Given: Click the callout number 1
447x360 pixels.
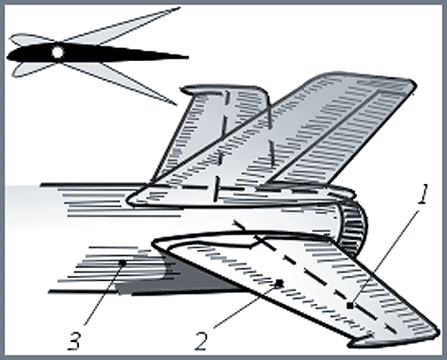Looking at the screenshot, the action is click(423, 194).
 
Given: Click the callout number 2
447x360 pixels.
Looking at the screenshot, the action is click(201, 340).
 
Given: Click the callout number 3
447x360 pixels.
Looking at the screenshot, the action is click(74, 340).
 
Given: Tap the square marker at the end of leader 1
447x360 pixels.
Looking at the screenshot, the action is click(350, 306).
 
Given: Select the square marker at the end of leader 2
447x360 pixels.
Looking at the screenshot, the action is click(279, 284).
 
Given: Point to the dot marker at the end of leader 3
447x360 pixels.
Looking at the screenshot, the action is click(122, 262).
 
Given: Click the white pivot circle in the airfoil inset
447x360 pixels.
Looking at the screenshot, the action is click(58, 52).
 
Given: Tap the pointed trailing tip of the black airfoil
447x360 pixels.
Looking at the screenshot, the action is click(188, 58).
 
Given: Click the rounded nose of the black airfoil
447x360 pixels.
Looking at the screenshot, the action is click(8, 56).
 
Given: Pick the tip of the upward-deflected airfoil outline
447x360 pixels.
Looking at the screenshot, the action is click(180, 8).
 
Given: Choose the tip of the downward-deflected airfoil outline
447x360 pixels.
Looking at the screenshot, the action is click(176, 105).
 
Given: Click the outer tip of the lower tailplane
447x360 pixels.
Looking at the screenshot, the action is click(437, 333).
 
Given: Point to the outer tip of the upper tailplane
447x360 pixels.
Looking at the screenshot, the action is click(414, 84).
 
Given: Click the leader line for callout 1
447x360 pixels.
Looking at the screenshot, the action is click(384, 258).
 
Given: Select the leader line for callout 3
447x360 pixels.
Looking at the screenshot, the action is click(103, 294).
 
